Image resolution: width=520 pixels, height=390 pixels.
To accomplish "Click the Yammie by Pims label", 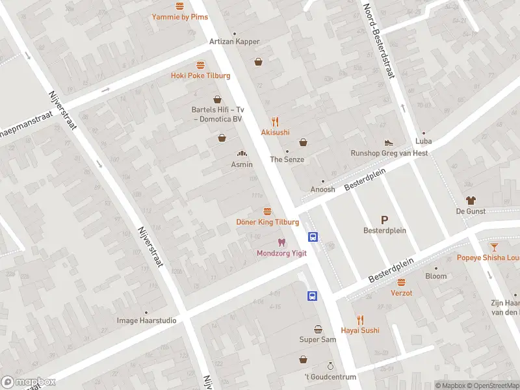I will click(x=180, y=17).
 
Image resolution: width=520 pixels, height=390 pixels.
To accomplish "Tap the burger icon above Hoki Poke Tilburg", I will click(x=200, y=65).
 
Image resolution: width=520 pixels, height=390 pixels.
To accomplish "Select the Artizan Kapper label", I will click(x=234, y=42).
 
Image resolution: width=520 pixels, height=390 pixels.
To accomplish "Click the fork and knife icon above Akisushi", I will click(x=276, y=121).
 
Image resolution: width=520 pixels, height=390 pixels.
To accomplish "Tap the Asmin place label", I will click(x=242, y=164).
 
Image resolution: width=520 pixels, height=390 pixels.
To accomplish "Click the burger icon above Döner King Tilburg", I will click(x=267, y=211).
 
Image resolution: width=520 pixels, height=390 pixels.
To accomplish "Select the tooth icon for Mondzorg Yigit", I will click(x=281, y=242).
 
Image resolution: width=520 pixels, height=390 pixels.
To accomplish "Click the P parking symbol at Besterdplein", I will click(x=384, y=220).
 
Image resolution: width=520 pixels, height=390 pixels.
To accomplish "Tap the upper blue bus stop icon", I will click(x=313, y=237).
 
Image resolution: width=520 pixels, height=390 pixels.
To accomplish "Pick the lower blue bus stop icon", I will click(x=313, y=296).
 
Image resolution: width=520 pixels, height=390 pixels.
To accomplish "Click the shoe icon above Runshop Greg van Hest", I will click(x=389, y=142).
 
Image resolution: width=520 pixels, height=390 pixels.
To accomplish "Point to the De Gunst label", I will click(x=471, y=211).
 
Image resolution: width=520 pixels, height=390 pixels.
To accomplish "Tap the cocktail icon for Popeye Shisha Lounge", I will click(x=494, y=247).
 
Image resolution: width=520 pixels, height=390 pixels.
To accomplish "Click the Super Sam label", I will click(x=318, y=340).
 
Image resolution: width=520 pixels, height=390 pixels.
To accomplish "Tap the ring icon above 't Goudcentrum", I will click(x=330, y=367).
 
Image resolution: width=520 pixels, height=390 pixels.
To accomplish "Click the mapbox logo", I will click(x=28, y=382).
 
